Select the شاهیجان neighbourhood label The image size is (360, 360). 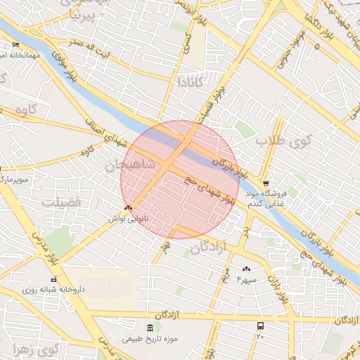129,166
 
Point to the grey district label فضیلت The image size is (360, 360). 62,202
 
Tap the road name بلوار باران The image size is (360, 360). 282,286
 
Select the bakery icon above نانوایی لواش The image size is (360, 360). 127,208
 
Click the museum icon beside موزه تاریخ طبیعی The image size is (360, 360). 149,328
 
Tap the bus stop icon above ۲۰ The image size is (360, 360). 260,326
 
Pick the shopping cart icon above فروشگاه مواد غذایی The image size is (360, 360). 264,182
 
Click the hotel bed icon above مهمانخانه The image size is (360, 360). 15,44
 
